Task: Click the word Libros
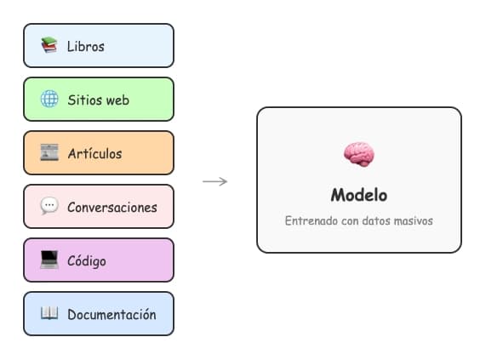86,46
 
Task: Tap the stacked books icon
49,45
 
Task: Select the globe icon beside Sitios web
49,100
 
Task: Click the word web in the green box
117,100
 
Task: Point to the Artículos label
94,153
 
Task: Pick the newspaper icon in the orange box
49,153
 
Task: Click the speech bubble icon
49,207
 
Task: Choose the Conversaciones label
112,207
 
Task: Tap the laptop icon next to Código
49,260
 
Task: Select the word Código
87,260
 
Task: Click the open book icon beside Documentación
49,314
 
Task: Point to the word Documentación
111,314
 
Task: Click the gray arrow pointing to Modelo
214,180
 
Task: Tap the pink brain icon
358,154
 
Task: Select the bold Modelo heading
358,195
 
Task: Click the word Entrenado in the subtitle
312,220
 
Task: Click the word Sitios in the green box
84,100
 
